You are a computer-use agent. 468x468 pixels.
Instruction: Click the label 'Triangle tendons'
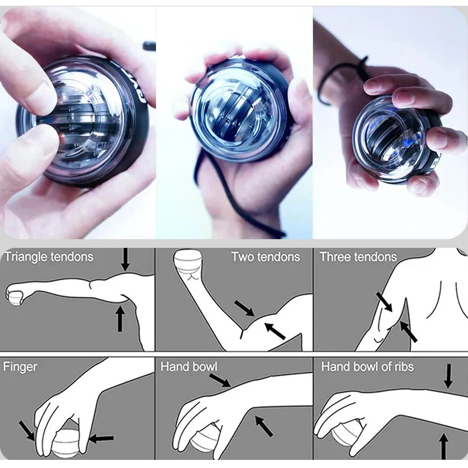(x=49, y=257)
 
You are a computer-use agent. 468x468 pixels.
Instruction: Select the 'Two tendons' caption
(x=265, y=257)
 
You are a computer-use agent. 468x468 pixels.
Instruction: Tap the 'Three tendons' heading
(x=358, y=257)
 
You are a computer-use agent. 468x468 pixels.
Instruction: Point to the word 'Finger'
(x=20, y=366)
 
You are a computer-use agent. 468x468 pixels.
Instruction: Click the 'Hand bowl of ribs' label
(x=367, y=366)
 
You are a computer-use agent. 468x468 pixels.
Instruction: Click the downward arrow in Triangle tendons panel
(x=125, y=260)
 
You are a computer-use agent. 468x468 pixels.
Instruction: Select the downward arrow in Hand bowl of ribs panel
(x=448, y=376)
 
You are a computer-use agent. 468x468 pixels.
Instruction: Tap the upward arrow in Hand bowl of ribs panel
(x=444, y=445)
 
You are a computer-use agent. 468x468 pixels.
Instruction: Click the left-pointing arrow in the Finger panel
(x=101, y=439)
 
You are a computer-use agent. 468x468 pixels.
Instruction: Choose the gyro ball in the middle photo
(x=240, y=110)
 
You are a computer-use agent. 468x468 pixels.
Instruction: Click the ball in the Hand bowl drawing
(x=205, y=442)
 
